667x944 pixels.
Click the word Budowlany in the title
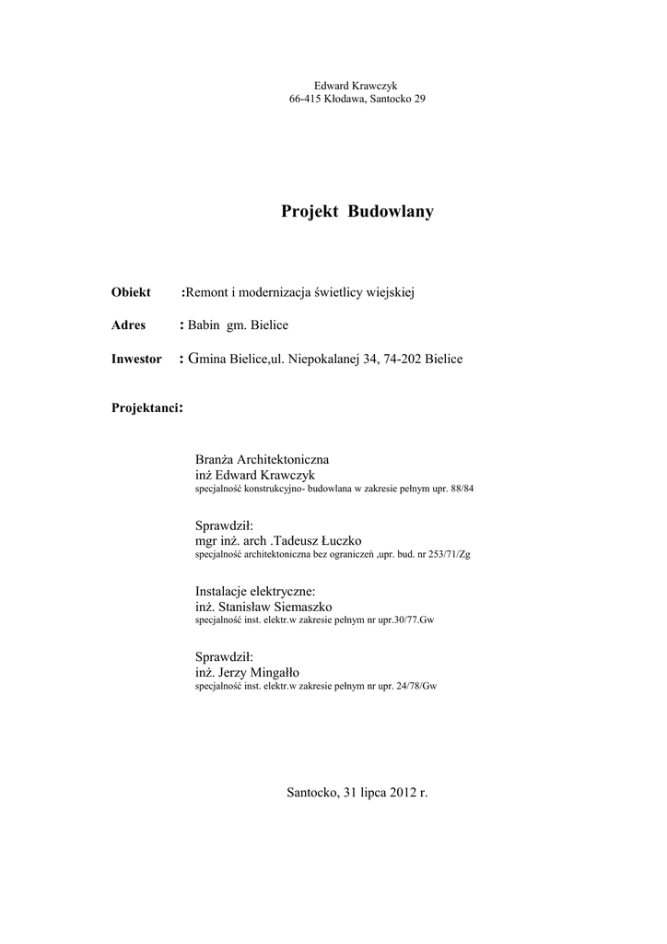click(390, 212)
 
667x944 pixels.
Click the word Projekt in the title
click(310, 212)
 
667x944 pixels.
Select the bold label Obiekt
click(131, 292)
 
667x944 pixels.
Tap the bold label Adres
click(129, 325)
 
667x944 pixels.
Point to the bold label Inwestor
click(136, 359)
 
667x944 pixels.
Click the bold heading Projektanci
click(146, 407)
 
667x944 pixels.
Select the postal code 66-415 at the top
click(305, 99)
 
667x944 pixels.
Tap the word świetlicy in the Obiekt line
click(338, 292)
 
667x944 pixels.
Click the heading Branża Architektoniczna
click(262, 458)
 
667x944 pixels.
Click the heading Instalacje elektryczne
click(255, 590)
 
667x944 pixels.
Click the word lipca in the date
click(372, 792)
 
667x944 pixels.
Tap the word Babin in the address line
click(204, 325)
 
